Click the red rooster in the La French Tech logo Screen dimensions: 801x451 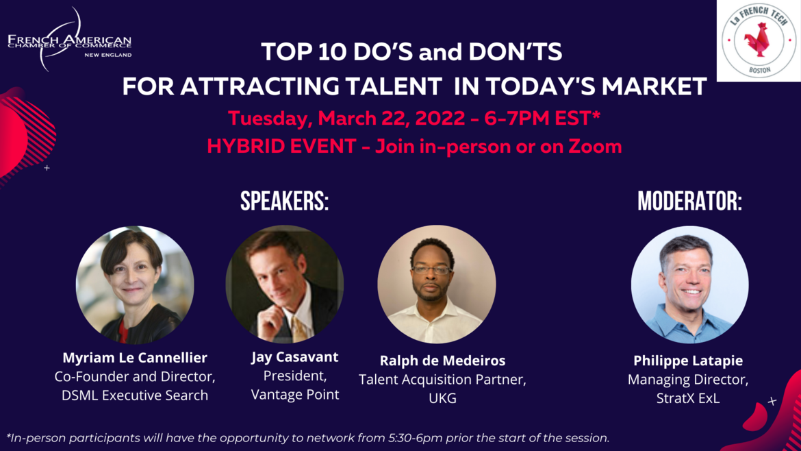click(758, 40)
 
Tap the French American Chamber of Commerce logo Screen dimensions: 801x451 click(69, 39)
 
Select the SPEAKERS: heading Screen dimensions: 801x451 click(285, 201)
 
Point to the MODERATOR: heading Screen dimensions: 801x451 click(689, 201)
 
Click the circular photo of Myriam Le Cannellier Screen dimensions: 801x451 click(135, 285)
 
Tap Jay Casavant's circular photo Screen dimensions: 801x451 click(285, 284)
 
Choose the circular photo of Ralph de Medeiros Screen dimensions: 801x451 click(437, 284)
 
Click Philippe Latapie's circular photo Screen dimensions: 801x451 click(689, 285)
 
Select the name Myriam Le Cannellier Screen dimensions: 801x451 click(135, 357)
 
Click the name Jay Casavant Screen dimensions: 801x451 click(295, 357)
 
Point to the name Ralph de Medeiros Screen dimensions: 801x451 click(442, 361)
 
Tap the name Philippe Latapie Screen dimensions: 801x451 click(688, 361)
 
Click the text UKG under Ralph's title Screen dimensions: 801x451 click(442, 398)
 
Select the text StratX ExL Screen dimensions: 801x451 click(688, 398)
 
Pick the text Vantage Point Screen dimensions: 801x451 click(295, 395)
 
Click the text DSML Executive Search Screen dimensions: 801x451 click(135, 395)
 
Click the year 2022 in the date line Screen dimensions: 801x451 click(440, 119)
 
